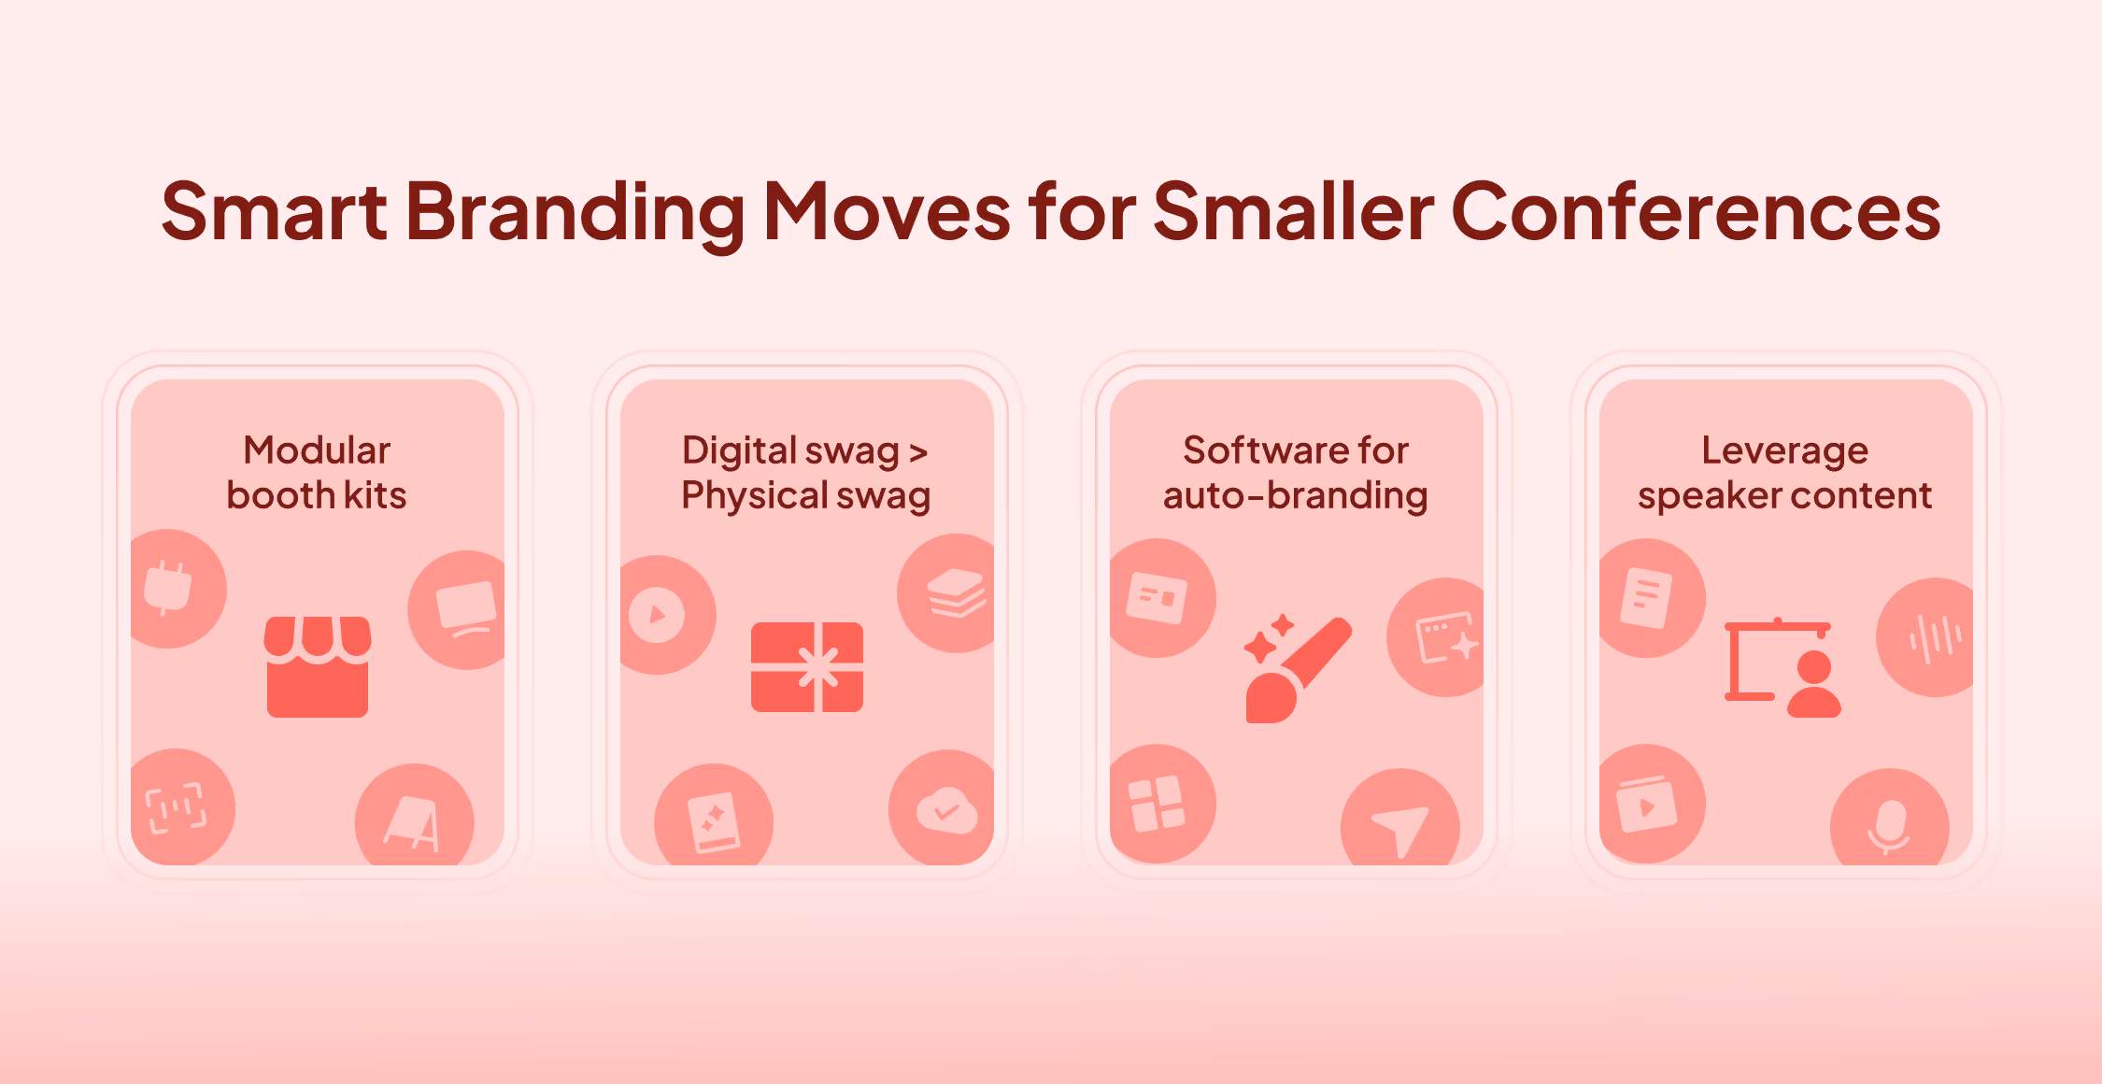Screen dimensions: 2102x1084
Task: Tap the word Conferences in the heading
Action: (x=1696, y=211)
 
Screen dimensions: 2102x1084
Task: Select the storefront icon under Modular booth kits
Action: (x=318, y=666)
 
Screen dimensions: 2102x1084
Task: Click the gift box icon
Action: (x=807, y=667)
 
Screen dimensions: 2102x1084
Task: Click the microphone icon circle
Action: (x=1890, y=820)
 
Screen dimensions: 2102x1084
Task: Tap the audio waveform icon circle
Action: (x=1926, y=637)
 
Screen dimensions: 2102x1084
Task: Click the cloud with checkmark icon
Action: (x=944, y=808)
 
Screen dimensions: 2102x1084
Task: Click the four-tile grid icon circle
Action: (x=1161, y=804)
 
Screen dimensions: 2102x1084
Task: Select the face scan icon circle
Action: (x=181, y=807)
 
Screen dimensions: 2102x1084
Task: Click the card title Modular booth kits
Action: (x=317, y=473)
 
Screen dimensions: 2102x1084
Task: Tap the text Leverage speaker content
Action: (x=1785, y=473)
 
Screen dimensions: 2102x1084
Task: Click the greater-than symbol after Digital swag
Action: (x=918, y=453)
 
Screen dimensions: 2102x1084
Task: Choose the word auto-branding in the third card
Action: (x=1296, y=495)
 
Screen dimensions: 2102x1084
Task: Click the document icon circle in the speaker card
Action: (x=1651, y=598)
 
